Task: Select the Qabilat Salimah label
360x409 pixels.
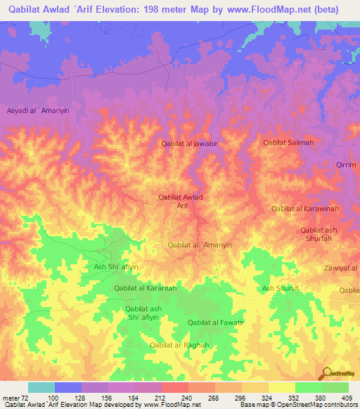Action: point(288,143)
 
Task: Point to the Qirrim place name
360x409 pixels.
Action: point(346,164)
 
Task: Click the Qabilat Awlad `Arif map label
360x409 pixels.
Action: point(181,202)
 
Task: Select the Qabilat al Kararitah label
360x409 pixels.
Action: point(145,288)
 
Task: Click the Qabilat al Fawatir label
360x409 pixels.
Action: point(216,323)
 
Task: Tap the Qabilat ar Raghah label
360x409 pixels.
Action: point(180,345)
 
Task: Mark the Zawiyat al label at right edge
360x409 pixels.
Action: point(342,268)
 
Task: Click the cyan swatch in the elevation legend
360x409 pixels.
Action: point(41,387)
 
